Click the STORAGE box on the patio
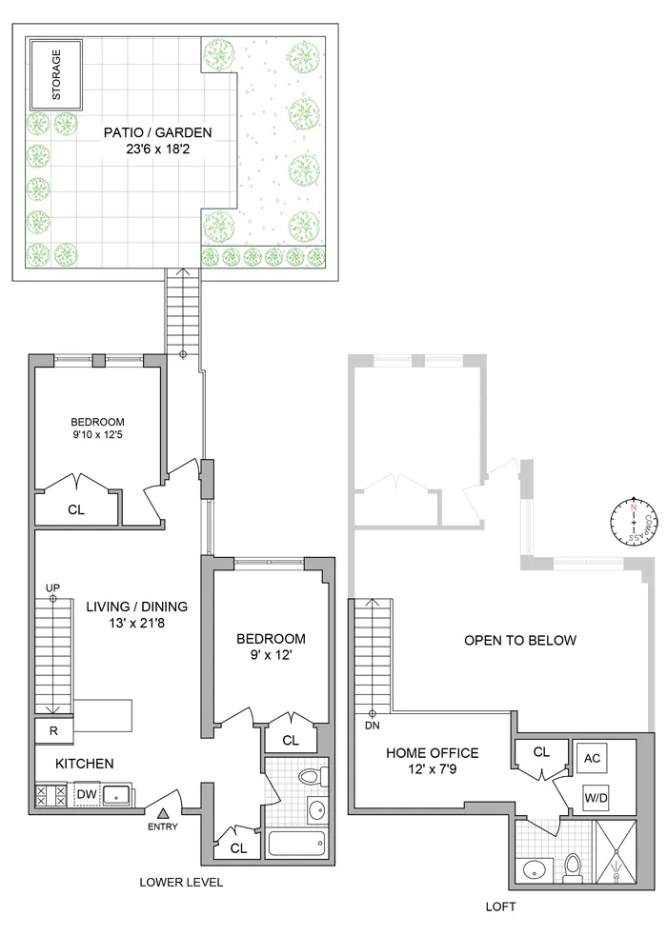[54, 72]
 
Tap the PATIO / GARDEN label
[157, 132]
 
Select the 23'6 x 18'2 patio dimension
[157, 150]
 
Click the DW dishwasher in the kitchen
[86, 793]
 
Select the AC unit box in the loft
[592, 758]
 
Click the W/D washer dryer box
[592, 798]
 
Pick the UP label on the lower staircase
[52, 587]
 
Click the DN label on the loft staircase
[373, 725]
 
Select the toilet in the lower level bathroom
[309, 777]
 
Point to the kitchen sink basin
[117, 794]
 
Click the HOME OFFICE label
[432, 753]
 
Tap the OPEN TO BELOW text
[519, 640]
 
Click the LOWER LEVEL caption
[181, 883]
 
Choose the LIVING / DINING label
[136, 606]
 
